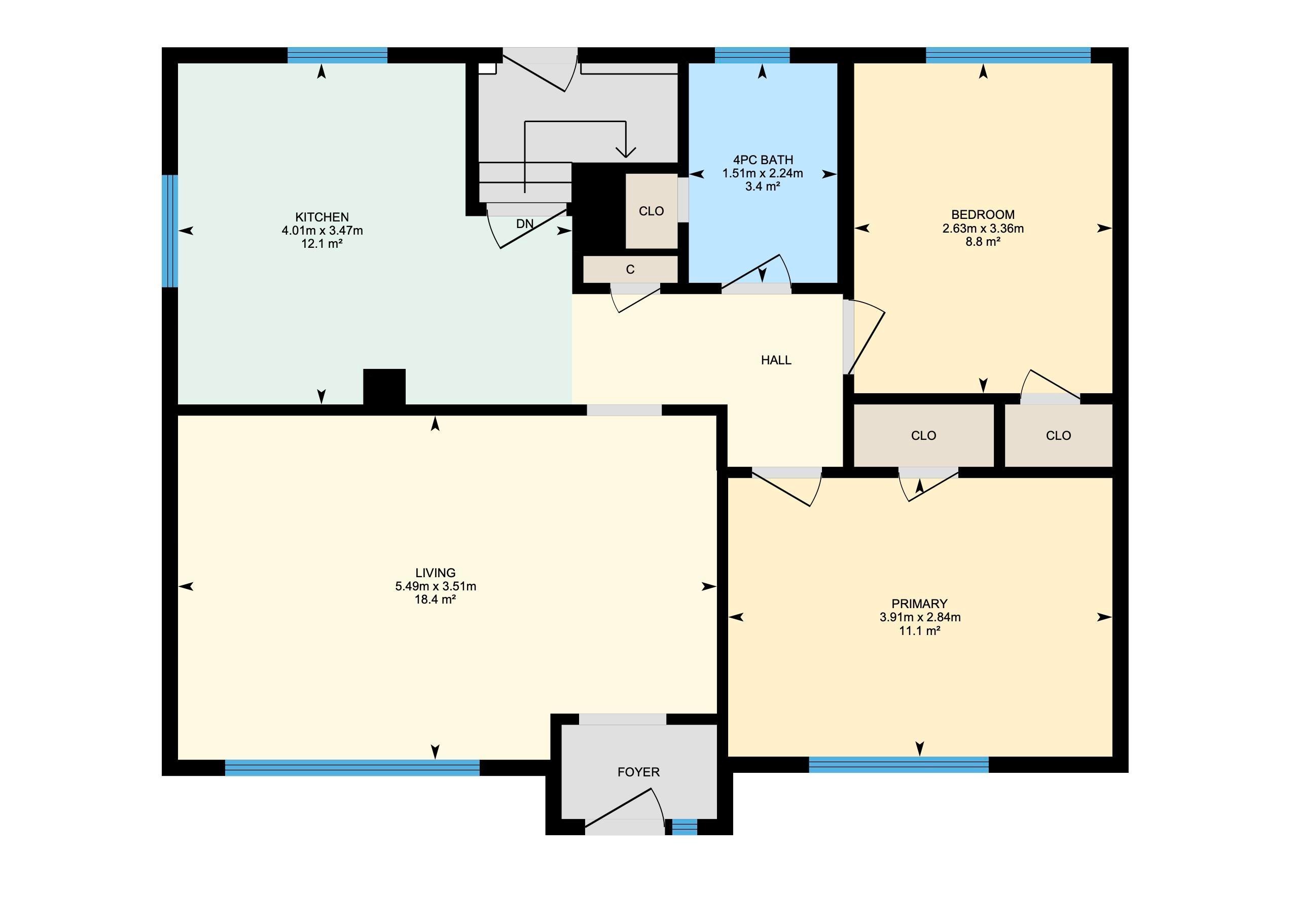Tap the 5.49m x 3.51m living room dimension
[x=435, y=586]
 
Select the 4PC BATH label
[x=763, y=160]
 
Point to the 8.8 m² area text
[x=983, y=242]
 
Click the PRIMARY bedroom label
[x=919, y=604]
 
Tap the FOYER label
[x=638, y=772]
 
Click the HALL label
[x=776, y=360]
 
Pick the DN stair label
[x=525, y=223]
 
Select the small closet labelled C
[x=630, y=269]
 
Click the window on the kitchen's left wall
[x=170, y=231]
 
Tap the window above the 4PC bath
[x=752, y=55]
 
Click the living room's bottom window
[x=352, y=767]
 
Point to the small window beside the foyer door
[x=685, y=827]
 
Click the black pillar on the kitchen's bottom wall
[x=384, y=387]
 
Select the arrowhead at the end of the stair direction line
[x=626, y=152]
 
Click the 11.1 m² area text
[x=919, y=631]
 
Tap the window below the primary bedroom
[x=899, y=765]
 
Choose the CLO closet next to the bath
[x=651, y=211]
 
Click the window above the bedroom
[x=1008, y=55]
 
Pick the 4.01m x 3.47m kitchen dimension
[x=322, y=230]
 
